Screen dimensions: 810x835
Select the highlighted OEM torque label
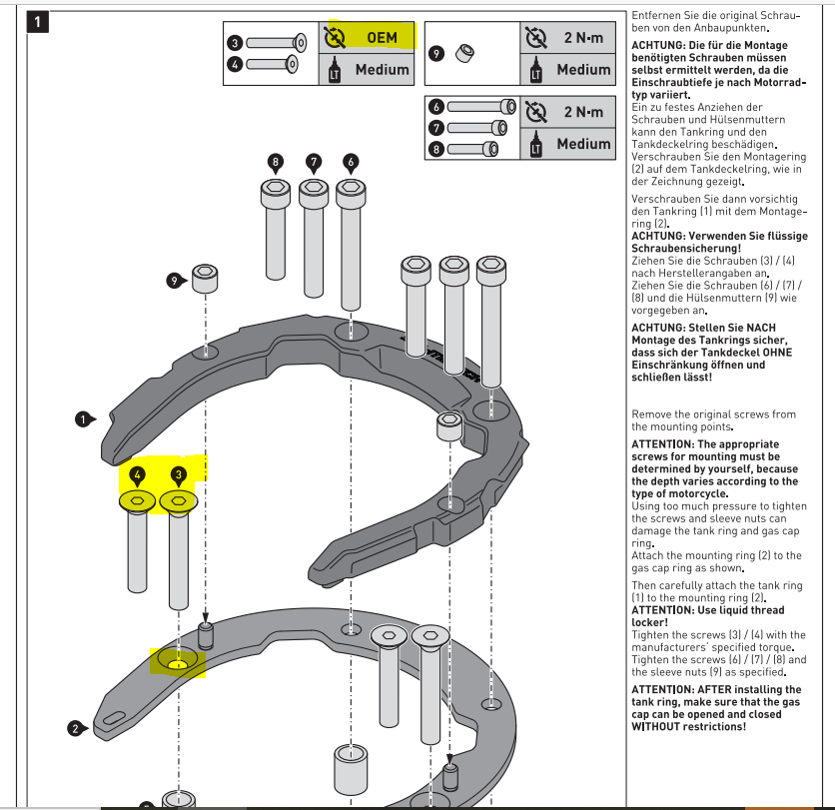point(382,38)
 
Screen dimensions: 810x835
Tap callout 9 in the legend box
point(436,53)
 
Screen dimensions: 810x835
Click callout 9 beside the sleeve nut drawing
point(174,282)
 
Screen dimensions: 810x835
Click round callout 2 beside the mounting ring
point(75,728)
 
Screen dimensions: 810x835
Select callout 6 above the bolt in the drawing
point(350,161)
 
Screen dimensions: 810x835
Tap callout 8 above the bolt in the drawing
point(276,161)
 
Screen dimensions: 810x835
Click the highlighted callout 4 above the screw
point(137,474)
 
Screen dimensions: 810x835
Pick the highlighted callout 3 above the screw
point(178,474)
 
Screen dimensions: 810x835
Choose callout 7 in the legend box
point(436,128)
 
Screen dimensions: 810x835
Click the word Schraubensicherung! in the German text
point(686,248)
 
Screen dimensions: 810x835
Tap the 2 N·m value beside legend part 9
point(582,38)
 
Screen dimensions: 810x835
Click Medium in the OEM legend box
point(382,69)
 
